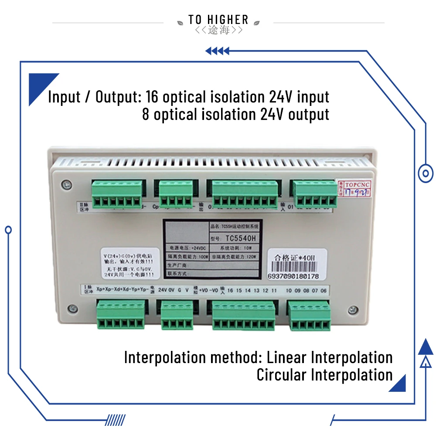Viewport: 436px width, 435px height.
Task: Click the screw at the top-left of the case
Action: pos(65,184)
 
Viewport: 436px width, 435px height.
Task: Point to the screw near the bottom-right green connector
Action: pos(352,309)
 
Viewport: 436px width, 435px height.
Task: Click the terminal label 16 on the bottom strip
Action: pos(230,290)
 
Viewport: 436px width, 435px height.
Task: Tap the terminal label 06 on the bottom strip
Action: pos(323,290)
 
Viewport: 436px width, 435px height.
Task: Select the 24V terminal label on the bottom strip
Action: pos(163,290)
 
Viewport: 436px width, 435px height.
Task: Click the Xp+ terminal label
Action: pos(100,290)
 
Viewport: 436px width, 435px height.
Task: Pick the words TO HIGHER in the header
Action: pos(218,20)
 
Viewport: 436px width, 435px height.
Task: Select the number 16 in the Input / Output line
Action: pos(152,96)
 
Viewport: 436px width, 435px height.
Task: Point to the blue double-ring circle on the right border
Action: pos(425,173)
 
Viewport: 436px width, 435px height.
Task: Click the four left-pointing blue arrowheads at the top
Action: pos(217,51)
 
